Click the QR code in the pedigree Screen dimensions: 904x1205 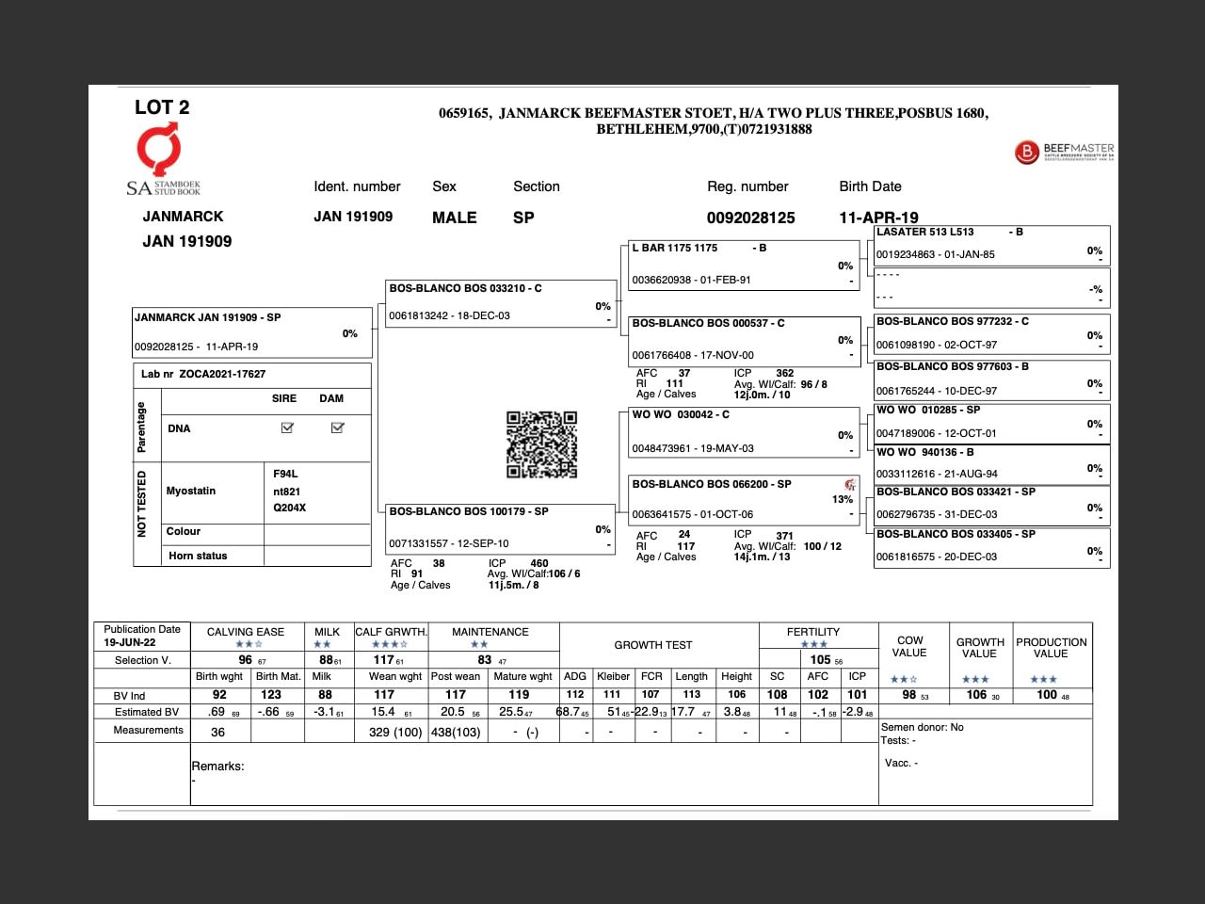[x=541, y=444]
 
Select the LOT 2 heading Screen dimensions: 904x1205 [x=162, y=107]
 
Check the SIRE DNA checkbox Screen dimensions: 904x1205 [x=287, y=428]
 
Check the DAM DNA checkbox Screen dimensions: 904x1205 [x=337, y=428]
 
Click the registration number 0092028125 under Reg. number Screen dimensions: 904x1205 [x=750, y=218]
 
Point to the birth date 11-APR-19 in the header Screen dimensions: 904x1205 [x=878, y=218]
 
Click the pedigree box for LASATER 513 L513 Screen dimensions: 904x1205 [x=991, y=244]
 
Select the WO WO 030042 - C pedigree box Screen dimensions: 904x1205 [x=743, y=431]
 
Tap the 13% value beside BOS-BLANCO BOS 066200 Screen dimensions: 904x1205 [x=843, y=499]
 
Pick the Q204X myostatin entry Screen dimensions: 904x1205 [x=290, y=508]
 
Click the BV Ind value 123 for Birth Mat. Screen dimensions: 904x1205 [x=271, y=695]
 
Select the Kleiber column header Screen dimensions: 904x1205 [x=613, y=676]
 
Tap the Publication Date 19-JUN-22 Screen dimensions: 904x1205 [x=130, y=642]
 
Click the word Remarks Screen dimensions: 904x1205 [x=217, y=767]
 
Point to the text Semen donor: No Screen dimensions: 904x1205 [x=922, y=727]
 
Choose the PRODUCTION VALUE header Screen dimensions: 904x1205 [x=1051, y=648]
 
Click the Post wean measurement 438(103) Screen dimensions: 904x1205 [x=456, y=732]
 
